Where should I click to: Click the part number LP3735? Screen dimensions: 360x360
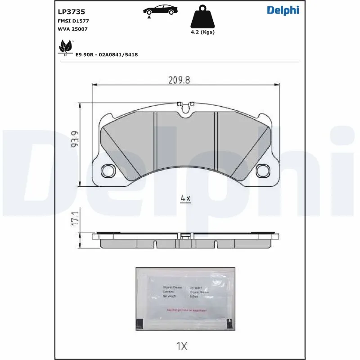point(72,12)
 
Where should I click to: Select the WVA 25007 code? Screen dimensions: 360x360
point(72,29)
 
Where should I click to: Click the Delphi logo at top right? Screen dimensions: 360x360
point(283,10)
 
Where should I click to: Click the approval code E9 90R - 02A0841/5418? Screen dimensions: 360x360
point(107,54)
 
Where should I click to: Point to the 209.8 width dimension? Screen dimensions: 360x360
point(179,80)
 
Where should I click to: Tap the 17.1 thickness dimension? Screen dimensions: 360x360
point(75,219)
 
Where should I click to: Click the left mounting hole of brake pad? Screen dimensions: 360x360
point(108,171)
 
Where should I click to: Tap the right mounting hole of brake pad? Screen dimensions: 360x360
point(262,171)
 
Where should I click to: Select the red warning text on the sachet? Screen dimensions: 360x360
point(186,310)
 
